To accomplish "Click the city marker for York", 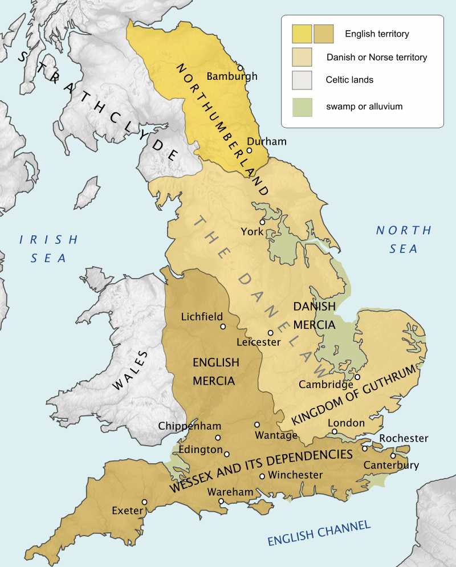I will (x=262, y=222).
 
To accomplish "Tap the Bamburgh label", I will (x=231, y=76).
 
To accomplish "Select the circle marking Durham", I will (x=249, y=150).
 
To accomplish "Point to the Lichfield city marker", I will (x=223, y=327).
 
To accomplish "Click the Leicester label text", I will (x=259, y=342).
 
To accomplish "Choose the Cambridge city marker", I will (x=357, y=377).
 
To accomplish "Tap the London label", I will (x=346, y=423).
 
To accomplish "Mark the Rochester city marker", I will (x=365, y=448).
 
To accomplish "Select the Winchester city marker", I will (x=262, y=476).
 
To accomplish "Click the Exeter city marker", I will (x=145, y=502).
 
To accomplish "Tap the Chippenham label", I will (x=190, y=426).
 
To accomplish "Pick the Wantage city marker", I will (x=257, y=425).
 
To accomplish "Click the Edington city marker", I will (x=227, y=454).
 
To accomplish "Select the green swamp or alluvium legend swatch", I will (x=302, y=107).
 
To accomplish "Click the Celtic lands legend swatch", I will (x=302, y=80).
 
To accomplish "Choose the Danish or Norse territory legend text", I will (x=377, y=58).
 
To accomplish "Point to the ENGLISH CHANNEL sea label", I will (x=319, y=532).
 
